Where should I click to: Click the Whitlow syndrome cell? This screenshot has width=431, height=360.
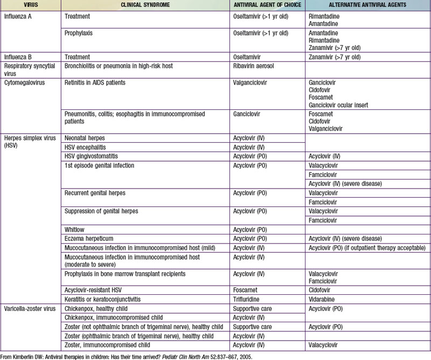point(73,229)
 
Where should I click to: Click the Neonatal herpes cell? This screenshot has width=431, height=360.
point(83,138)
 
